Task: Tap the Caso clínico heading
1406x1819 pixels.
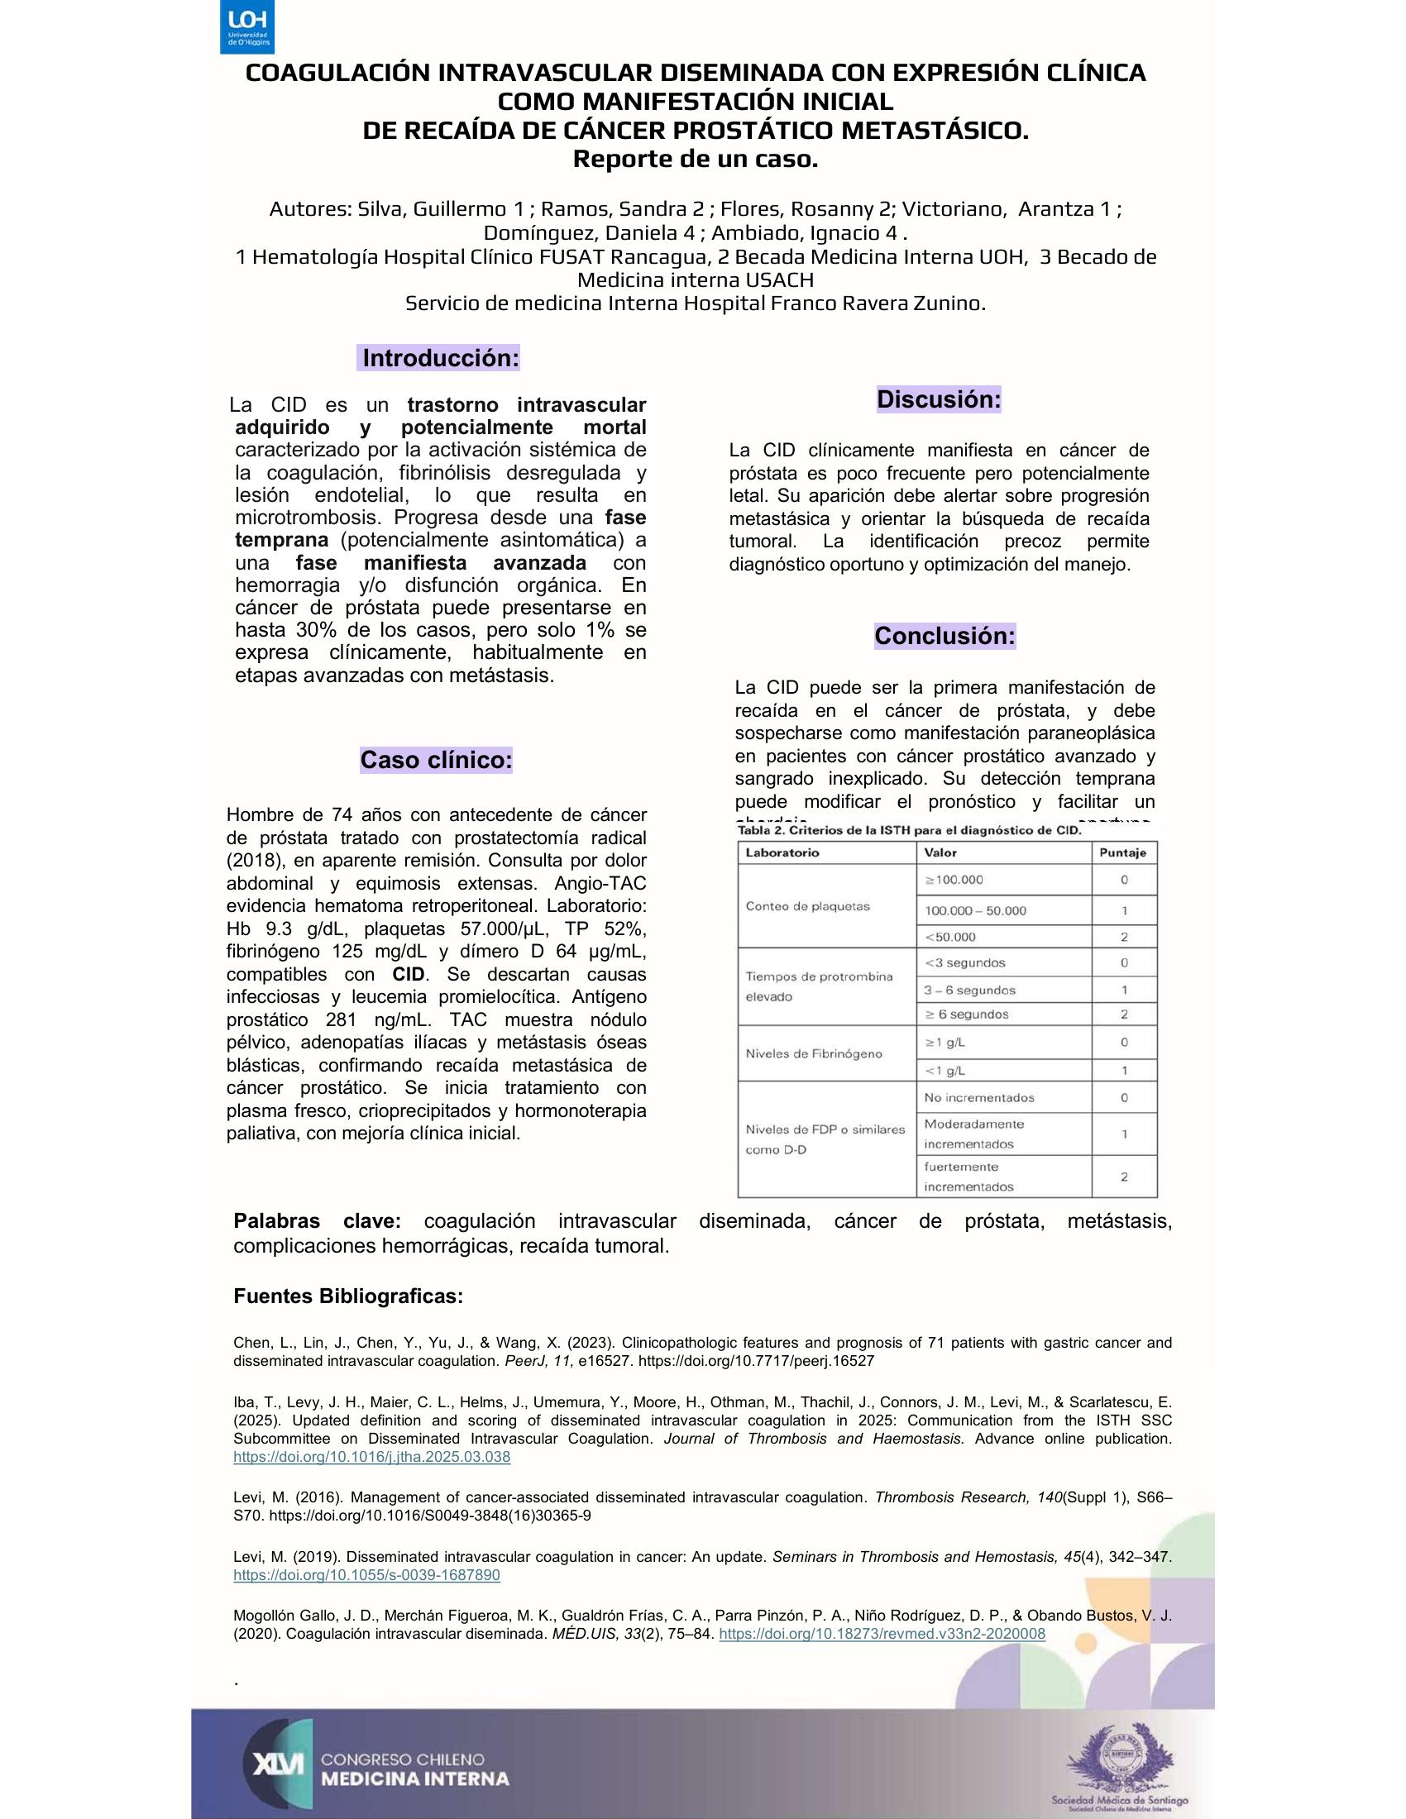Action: point(436,760)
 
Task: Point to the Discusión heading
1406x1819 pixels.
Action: point(938,399)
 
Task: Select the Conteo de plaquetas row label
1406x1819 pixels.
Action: point(796,906)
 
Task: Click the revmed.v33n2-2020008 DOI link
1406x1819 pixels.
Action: point(882,1633)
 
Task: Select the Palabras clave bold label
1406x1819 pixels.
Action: point(317,1222)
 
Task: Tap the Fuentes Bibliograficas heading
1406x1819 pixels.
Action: point(348,1296)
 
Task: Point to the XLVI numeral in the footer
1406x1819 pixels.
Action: point(277,1764)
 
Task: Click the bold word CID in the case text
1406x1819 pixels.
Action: point(409,975)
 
